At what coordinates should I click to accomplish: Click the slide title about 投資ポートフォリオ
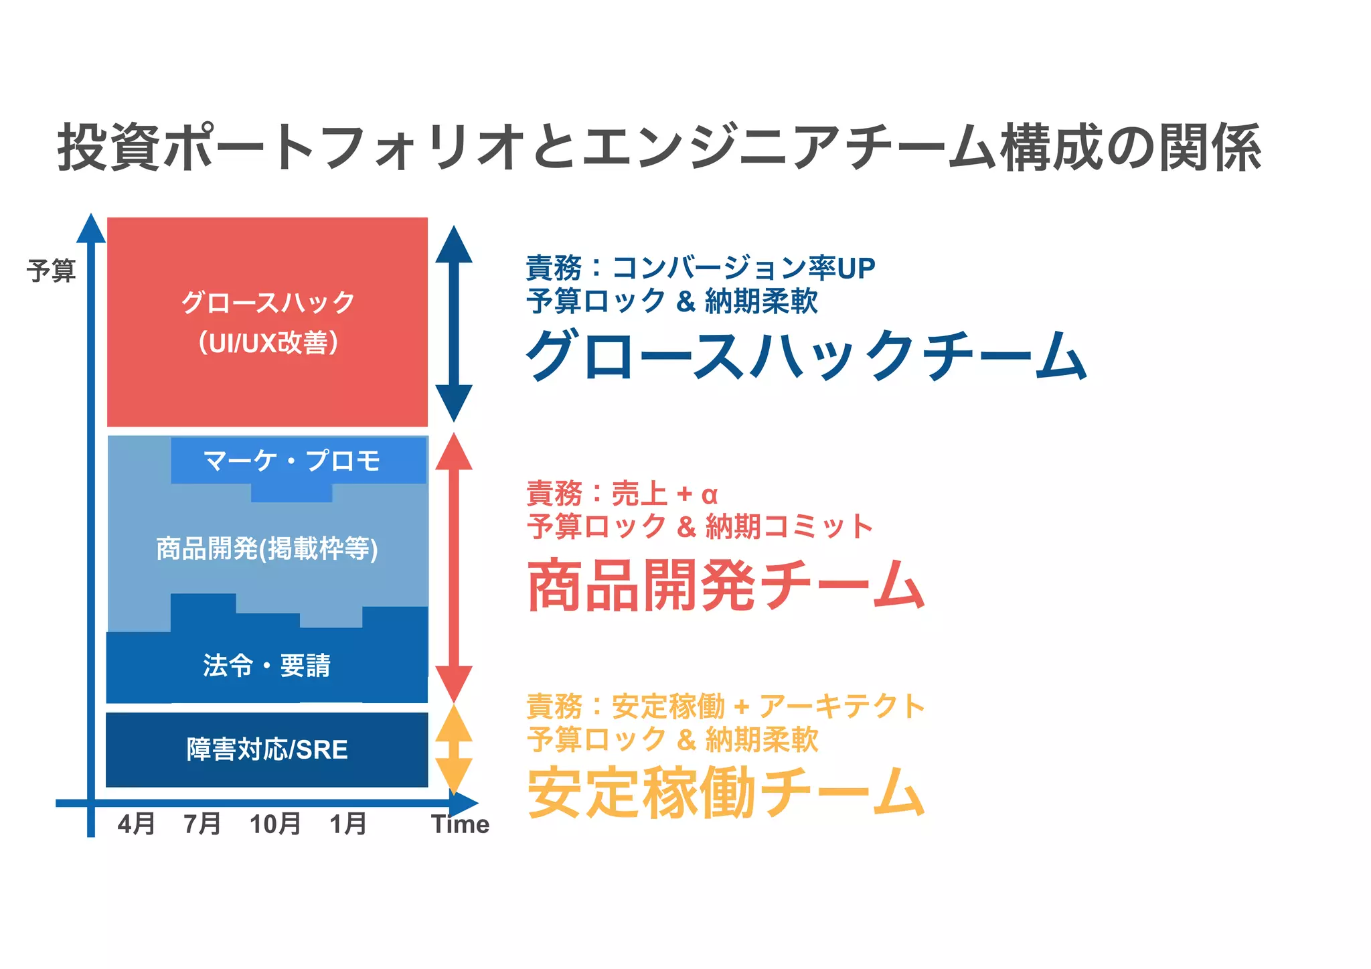pos(659,147)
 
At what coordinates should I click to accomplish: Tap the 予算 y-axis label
pos(51,271)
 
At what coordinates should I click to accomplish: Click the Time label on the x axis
pos(460,824)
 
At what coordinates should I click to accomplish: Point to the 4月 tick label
pos(136,824)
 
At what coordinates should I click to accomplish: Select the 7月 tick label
pos(202,824)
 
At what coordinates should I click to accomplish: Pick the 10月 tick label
pos(274,824)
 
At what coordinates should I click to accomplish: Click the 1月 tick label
pos(347,824)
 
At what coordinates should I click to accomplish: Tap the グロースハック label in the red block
pos(268,303)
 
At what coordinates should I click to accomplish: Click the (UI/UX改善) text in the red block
pos(268,343)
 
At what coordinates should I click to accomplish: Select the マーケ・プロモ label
pos(292,461)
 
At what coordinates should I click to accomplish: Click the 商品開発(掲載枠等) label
pos(267,548)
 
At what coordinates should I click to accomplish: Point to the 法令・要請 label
pos(266,666)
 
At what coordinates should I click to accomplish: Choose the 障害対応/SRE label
pos(267,749)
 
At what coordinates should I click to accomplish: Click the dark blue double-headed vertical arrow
pos(454,323)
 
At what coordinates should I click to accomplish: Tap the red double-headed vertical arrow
pos(454,567)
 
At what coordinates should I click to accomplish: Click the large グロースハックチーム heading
pos(806,356)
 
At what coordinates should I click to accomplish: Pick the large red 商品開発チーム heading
pos(726,586)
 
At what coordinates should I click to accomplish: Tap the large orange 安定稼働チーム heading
pos(726,793)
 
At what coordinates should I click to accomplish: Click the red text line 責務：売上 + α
pos(622,494)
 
